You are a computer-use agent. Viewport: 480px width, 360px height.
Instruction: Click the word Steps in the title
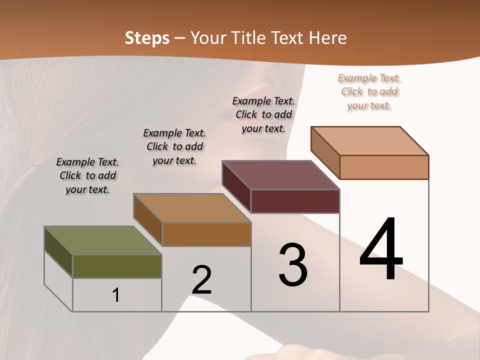[147, 38]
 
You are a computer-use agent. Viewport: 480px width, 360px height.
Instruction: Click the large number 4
[381, 249]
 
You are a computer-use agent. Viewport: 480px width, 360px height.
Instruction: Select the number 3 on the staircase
[293, 265]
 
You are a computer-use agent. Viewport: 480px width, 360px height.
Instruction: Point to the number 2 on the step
[202, 280]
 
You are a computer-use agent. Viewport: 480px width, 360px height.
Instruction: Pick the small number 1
[115, 295]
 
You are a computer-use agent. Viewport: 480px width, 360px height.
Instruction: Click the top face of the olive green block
[102, 240]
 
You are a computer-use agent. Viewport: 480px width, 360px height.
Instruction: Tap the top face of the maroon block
[280, 175]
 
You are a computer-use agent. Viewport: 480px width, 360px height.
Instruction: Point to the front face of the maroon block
[295, 201]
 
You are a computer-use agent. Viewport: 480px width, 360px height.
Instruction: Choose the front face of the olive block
[117, 266]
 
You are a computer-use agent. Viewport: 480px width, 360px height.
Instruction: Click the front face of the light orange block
[384, 167]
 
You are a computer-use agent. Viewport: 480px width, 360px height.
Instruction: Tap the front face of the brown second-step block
[206, 234]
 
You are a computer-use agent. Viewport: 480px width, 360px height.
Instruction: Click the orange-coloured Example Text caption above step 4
[369, 91]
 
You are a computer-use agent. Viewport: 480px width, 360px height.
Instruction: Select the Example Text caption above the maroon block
[263, 114]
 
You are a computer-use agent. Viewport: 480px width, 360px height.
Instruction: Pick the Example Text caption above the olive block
[87, 175]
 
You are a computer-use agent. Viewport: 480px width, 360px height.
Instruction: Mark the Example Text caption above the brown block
[174, 146]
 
